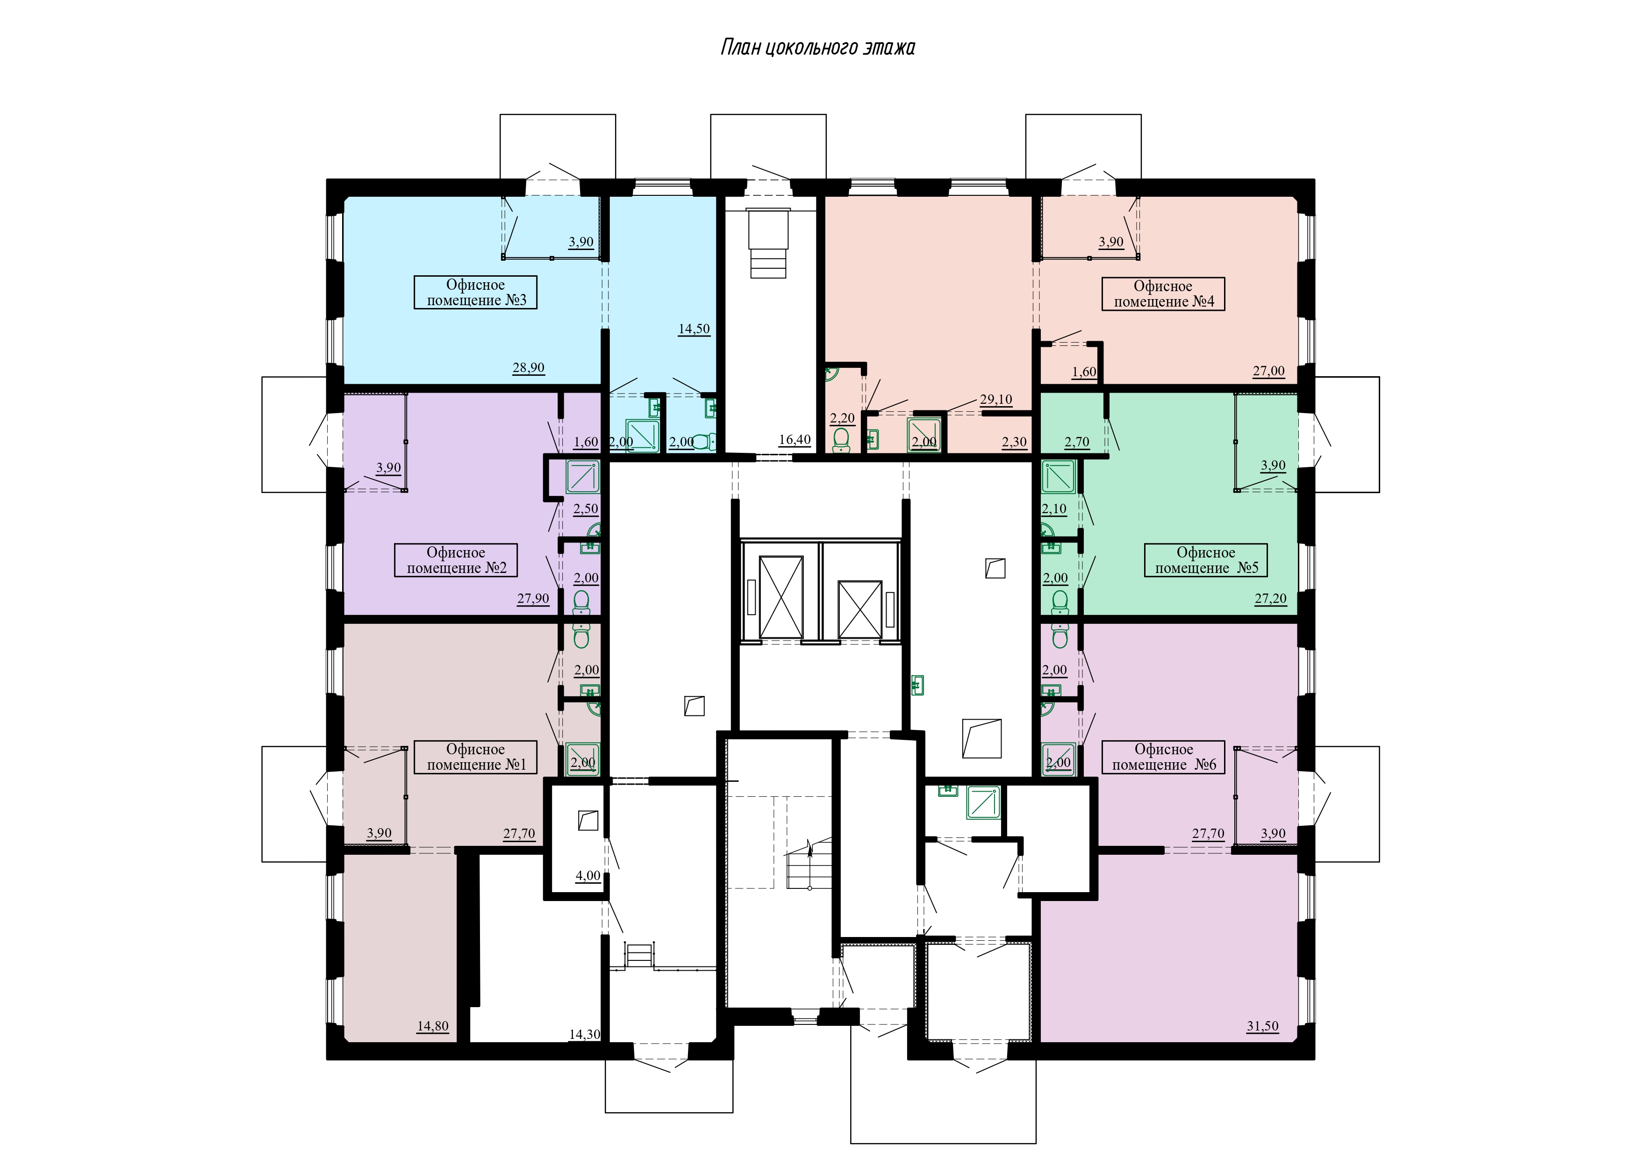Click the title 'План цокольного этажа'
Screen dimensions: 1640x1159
coord(818,48)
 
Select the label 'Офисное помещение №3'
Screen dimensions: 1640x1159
coord(476,293)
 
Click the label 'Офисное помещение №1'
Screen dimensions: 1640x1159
coord(476,757)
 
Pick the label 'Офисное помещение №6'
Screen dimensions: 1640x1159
coord(1164,757)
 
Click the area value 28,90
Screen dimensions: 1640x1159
coord(529,368)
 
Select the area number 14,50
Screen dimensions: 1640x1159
coord(695,329)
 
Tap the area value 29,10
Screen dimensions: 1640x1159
coord(996,400)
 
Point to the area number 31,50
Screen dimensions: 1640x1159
coord(1263,1026)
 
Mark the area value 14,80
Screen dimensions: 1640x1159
coord(433,1026)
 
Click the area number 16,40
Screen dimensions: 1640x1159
coord(795,440)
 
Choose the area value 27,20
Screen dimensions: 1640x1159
coord(1271,599)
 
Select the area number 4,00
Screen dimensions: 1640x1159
coord(588,876)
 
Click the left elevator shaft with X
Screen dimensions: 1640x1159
coord(781,597)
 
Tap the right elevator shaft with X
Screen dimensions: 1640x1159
coord(860,609)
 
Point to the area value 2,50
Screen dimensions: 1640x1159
coord(586,509)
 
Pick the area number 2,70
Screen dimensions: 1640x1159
coord(1077,442)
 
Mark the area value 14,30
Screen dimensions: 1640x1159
coord(584,1034)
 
